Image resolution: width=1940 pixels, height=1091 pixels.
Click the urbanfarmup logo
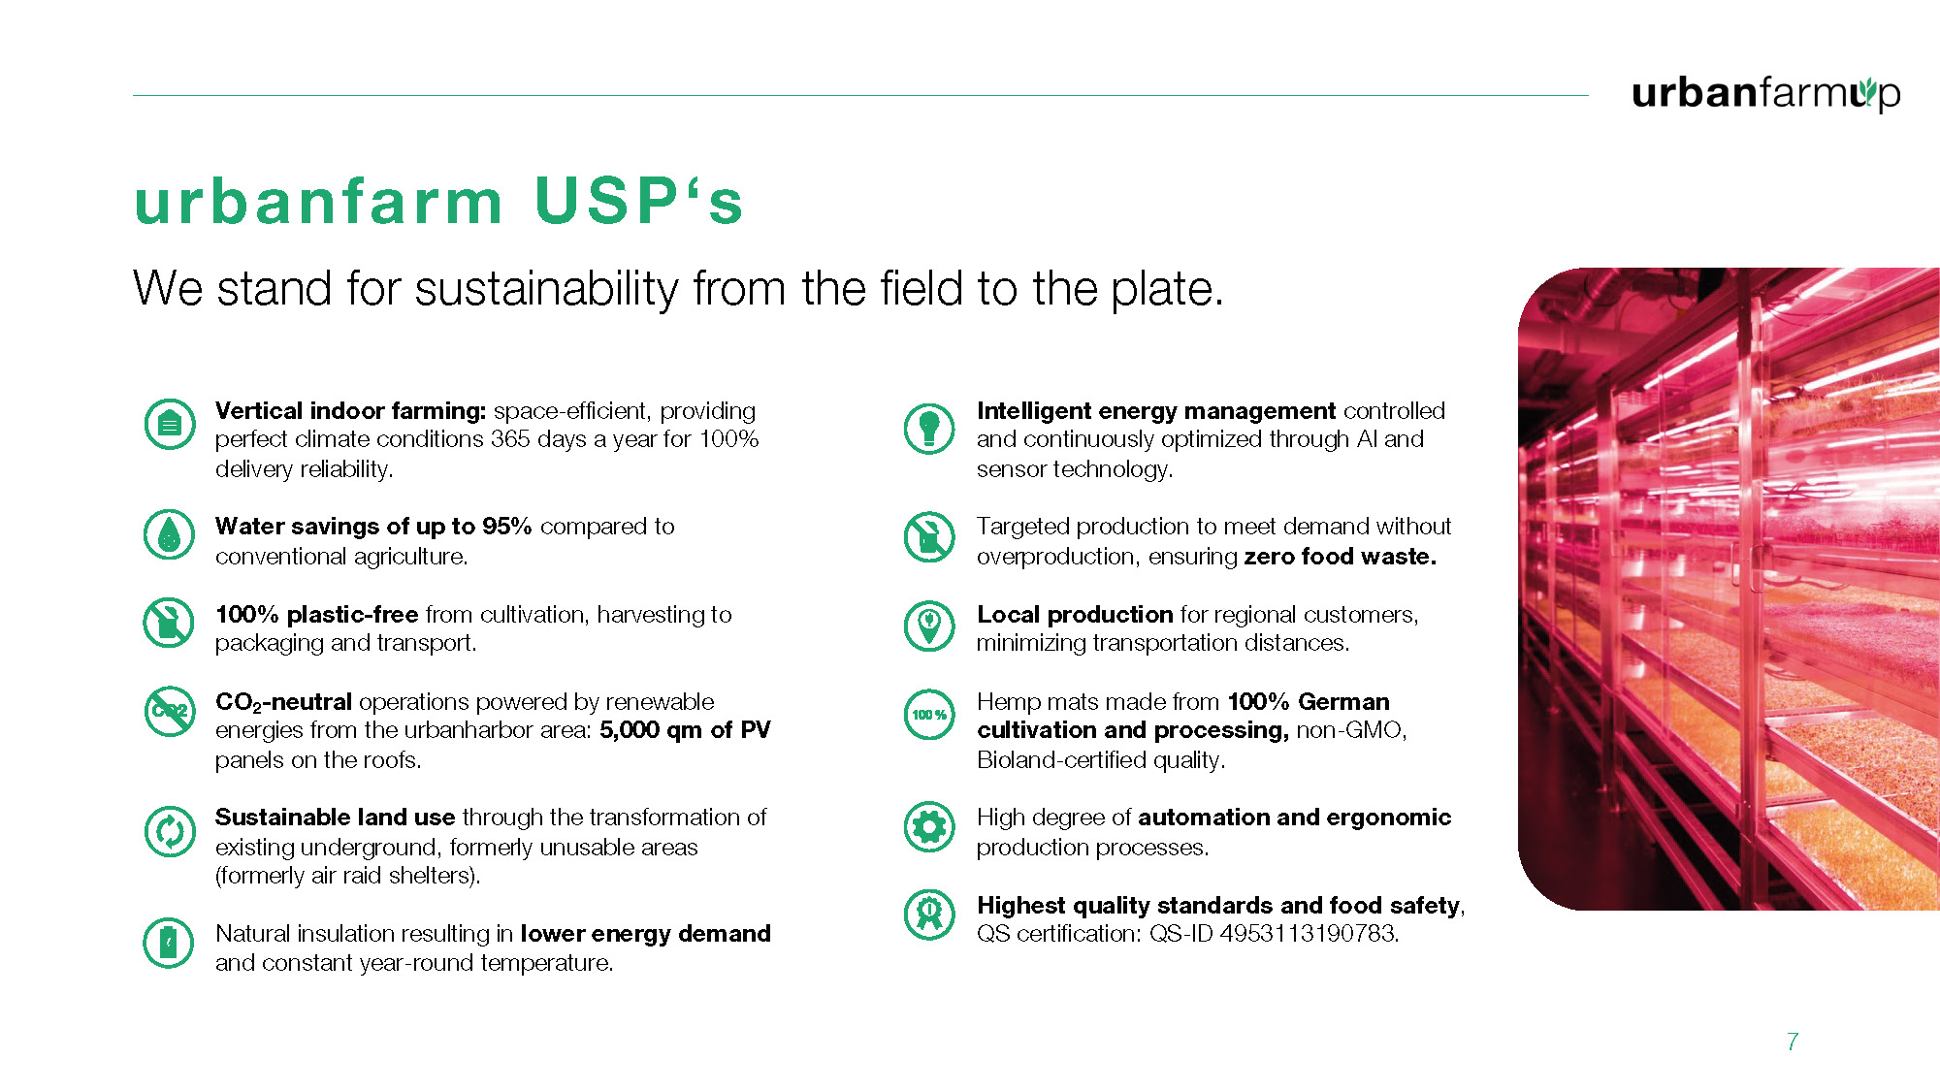(1765, 93)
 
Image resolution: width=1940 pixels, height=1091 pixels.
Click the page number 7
(1793, 1042)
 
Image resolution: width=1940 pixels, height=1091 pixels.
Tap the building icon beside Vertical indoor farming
(170, 424)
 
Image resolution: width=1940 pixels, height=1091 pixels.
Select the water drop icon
(170, 534)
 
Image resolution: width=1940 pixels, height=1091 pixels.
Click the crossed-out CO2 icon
(170, 711)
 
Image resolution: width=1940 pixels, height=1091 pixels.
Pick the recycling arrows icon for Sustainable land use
(170, 831)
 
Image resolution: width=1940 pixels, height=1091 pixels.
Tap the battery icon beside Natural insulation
(170, 943)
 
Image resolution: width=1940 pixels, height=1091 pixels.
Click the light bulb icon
(929, 428)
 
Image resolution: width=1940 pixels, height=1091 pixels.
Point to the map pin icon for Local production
(929, 626)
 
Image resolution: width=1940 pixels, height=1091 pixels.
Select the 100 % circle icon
(929, 715)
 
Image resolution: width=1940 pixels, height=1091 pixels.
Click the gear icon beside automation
(929, 827)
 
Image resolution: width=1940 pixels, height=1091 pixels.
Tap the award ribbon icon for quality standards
(929, 914)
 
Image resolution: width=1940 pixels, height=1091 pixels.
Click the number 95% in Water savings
(507, 526)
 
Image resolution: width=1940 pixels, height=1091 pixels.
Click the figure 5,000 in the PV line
(629, 730)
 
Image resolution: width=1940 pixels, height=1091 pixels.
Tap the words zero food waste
(1340, 557)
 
